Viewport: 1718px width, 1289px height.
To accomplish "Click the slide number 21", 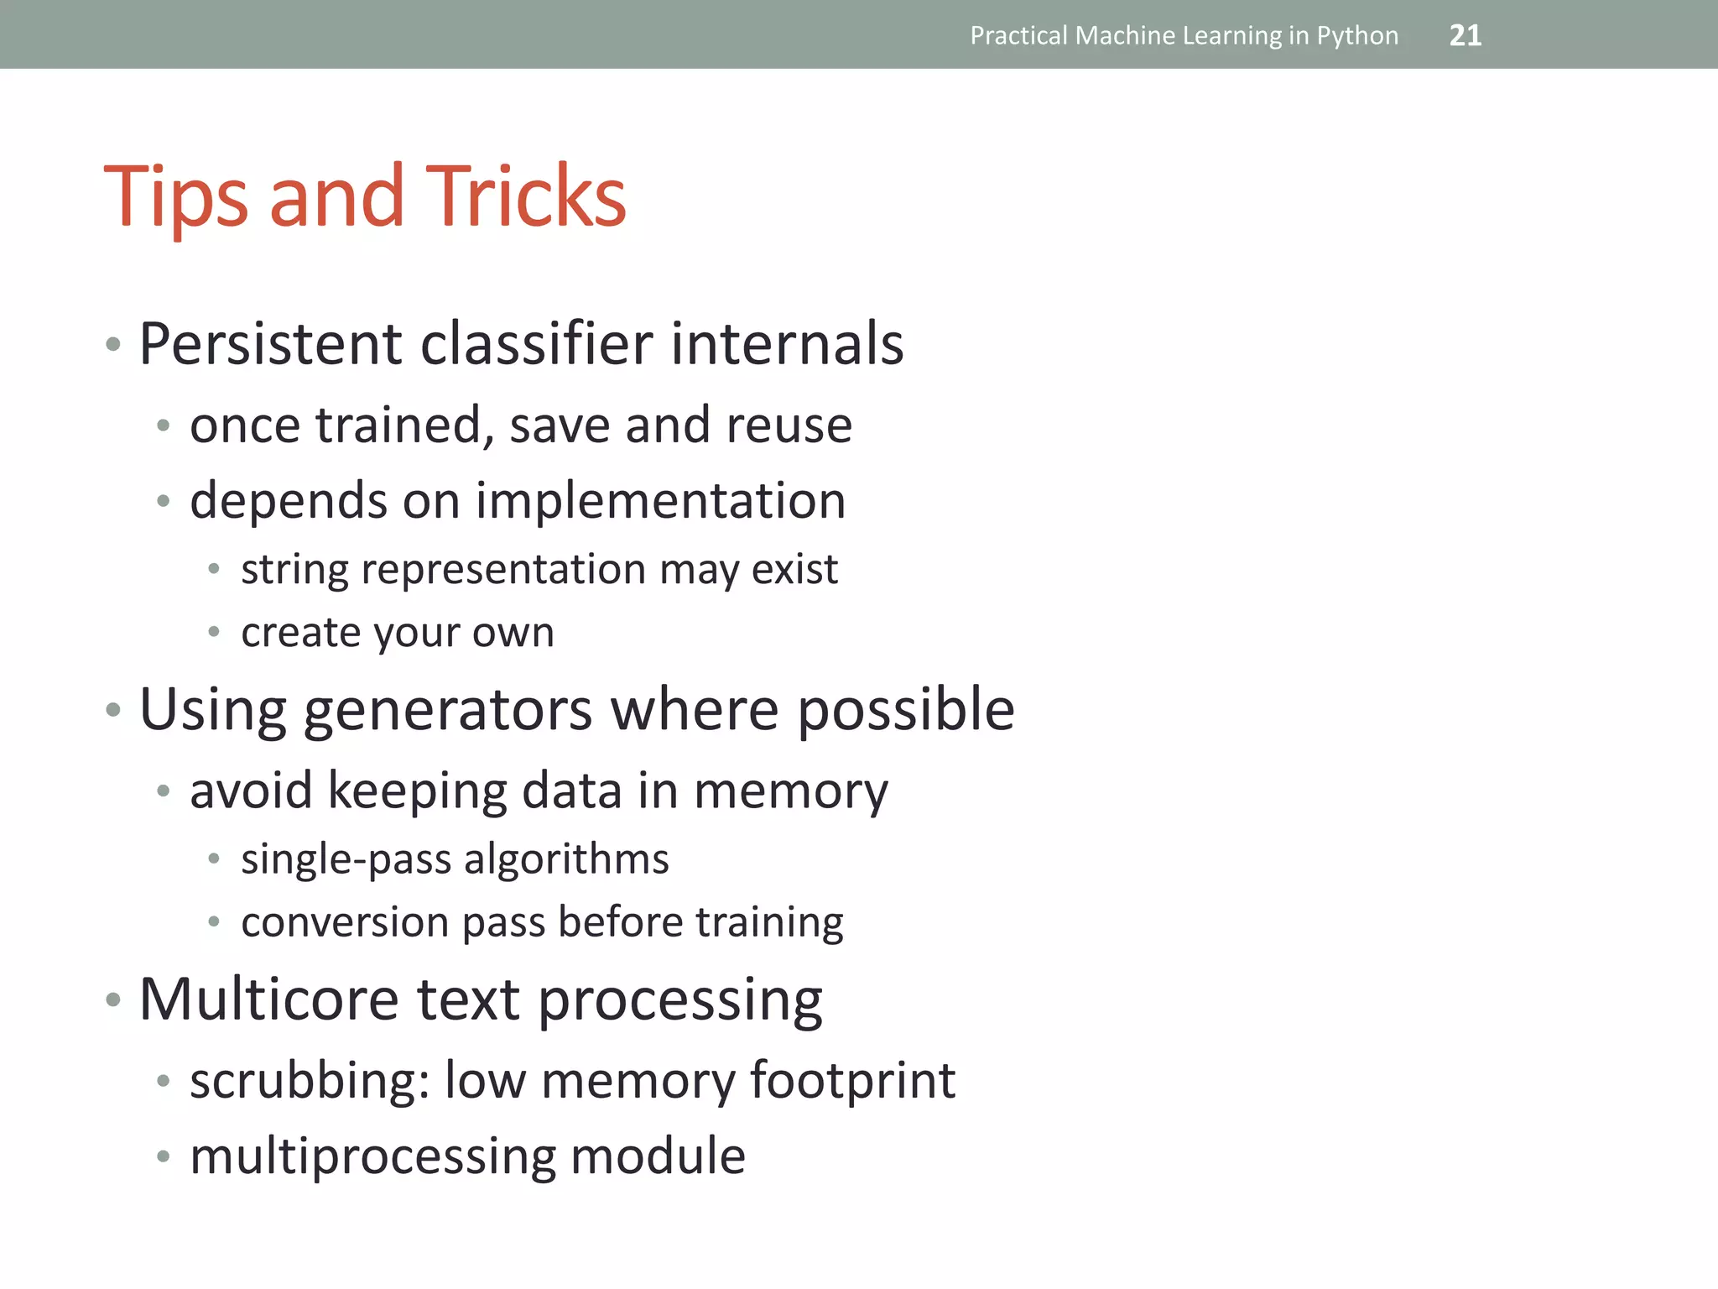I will pyautogui.click(x=1465, y=35).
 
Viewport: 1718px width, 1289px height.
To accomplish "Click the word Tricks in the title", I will pyautogui.click(x=526, y=196).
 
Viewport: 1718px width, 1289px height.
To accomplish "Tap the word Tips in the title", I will pyautogui.click(x=175, y=198).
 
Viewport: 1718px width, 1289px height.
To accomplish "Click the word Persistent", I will pyautogui.click(x=270, y=343).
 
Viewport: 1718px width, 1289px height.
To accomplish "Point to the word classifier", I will pyautogui.click(x=536, y=343).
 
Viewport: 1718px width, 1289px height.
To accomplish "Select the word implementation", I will pyautogui.click(x=660, y=501).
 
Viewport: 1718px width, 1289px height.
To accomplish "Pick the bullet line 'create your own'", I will pyautogui.click(x=398, y=633).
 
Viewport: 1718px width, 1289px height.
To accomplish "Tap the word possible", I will pyautogui.click(x=905, y=710).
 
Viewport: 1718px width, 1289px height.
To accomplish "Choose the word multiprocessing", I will pyautogui.click(x=372, y=1157).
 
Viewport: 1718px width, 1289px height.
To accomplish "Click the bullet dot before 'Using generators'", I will pyautogui.click(x=113, y=711).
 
